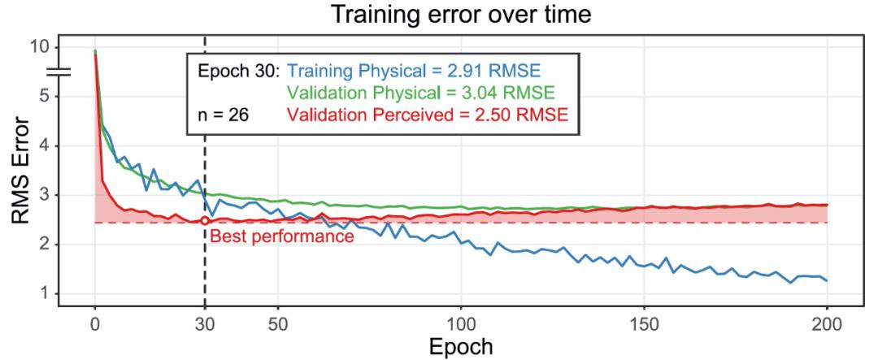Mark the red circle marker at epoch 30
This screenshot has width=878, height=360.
point(205,220)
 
